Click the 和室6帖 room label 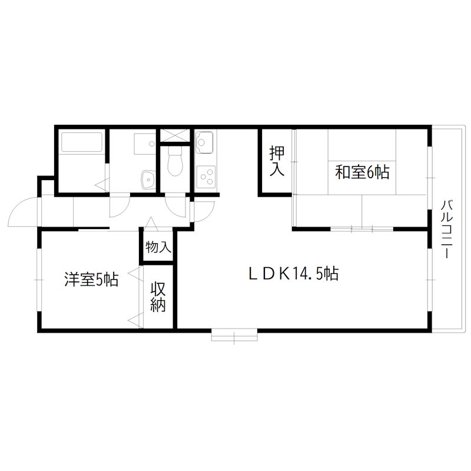click(361, 172)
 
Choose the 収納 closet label click(158, 297)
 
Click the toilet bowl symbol click(175, 161)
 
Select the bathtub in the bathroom click(82, 142)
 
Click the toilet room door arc click(177, 205)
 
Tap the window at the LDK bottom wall click(234, 336)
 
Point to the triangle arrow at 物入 click(151, 223)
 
